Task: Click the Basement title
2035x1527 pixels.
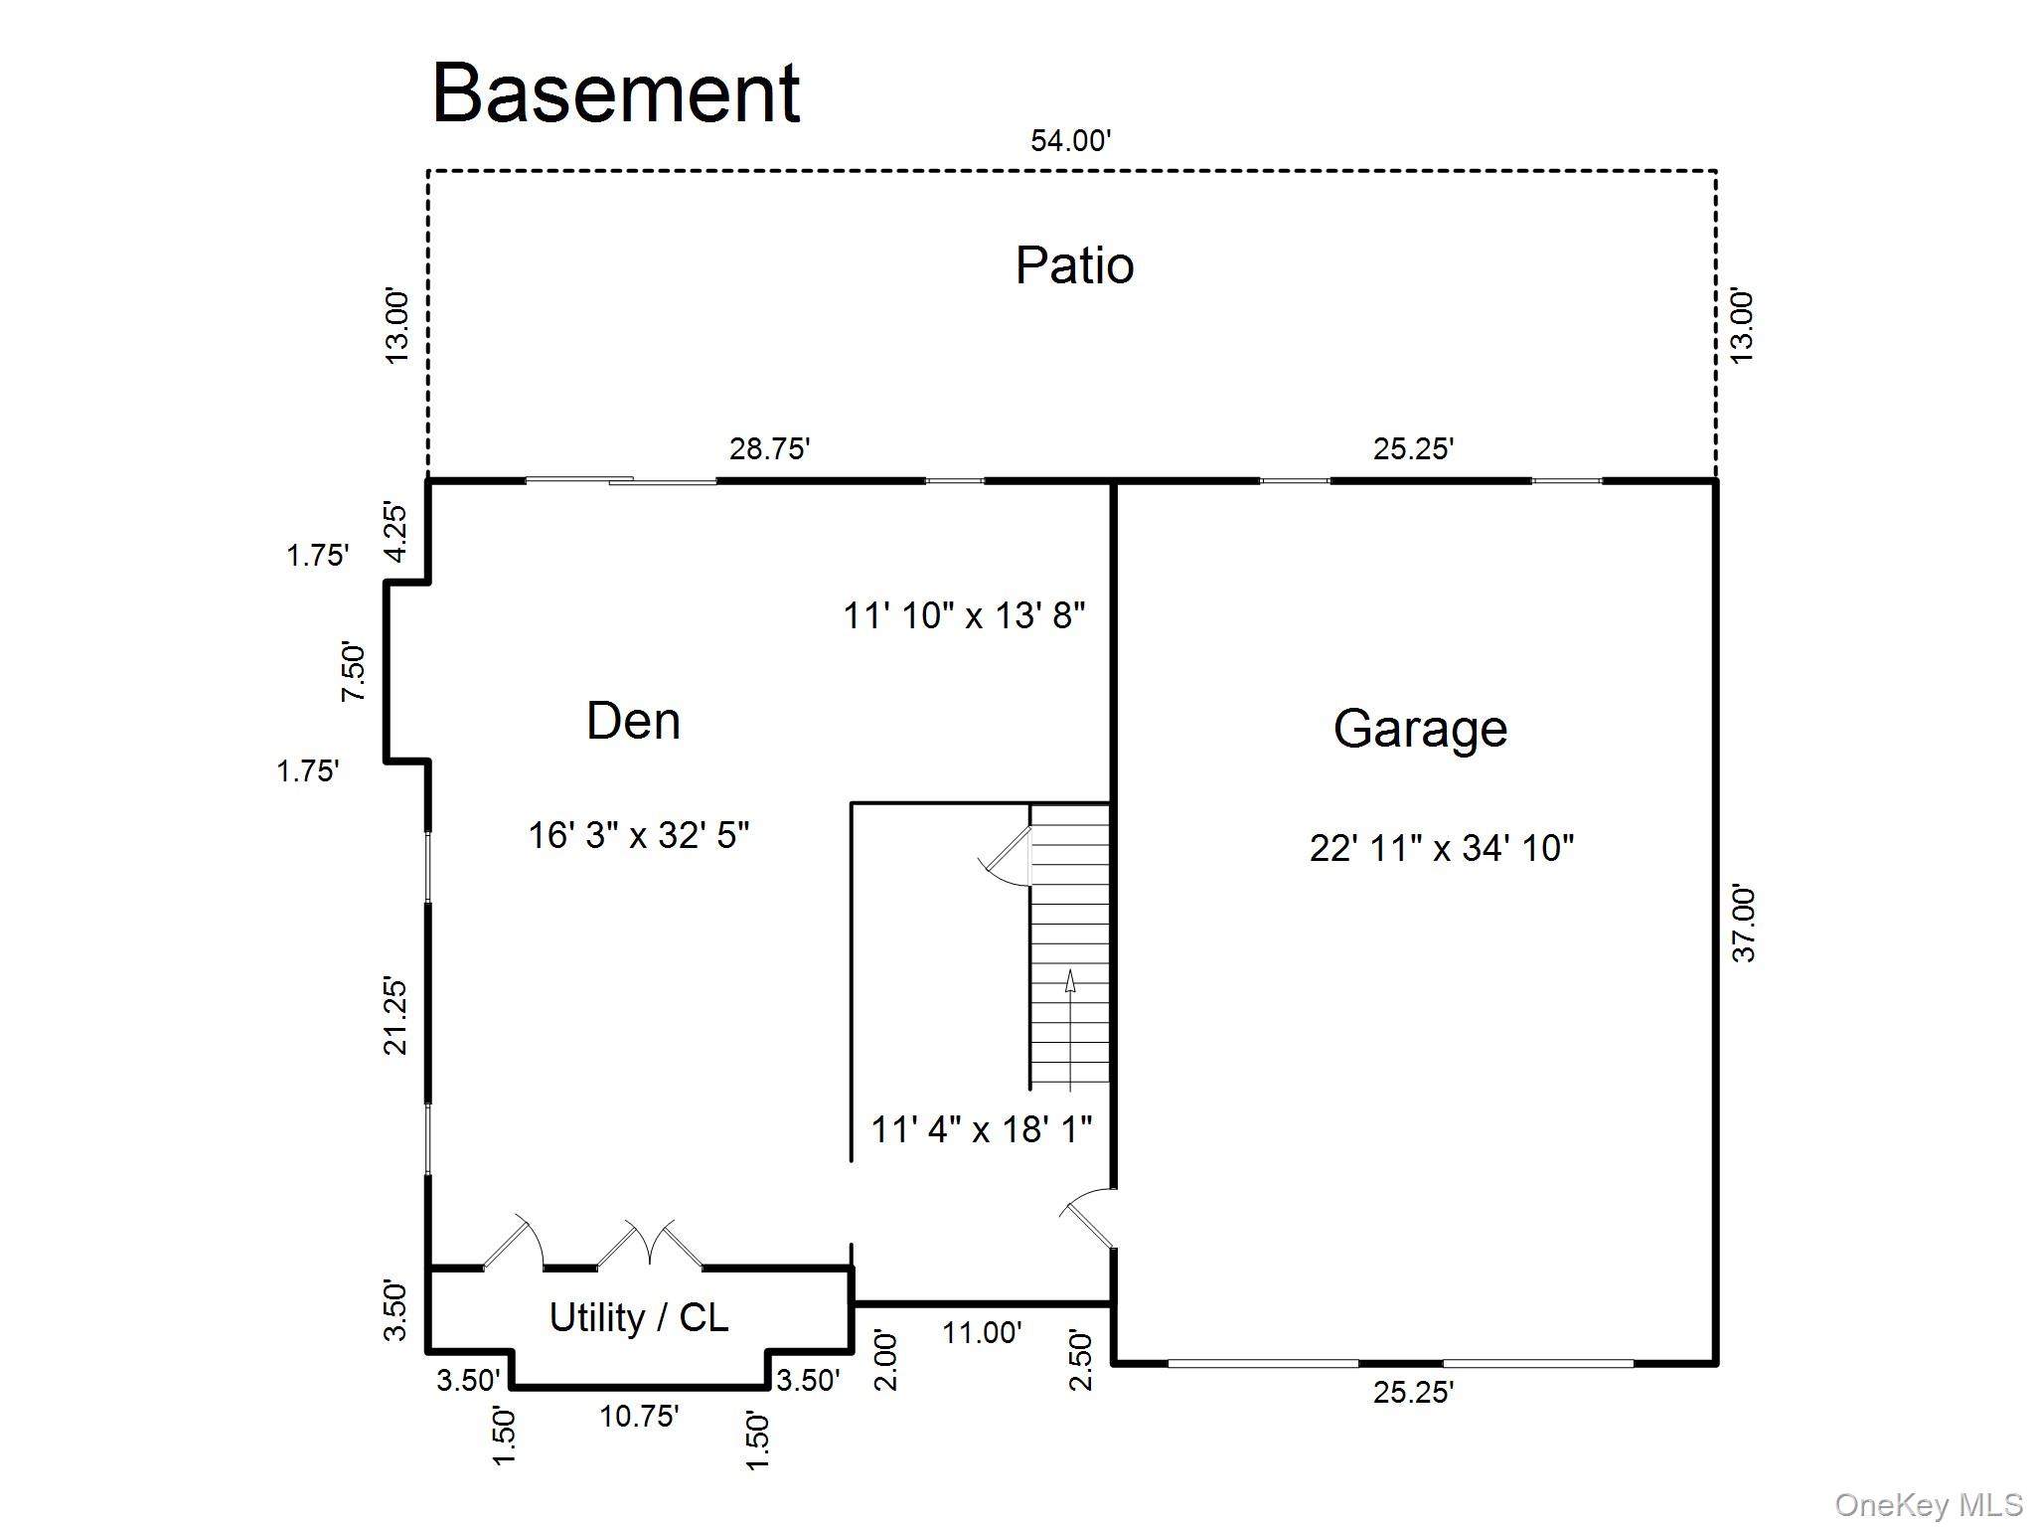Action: click(x=616, y=93)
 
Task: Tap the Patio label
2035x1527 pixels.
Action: click(x=1074, y=265)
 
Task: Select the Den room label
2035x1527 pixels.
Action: click(x=633, y=721)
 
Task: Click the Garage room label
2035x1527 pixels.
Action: click(x=1420, y=729)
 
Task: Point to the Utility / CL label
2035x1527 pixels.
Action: click(x=639, y=1318)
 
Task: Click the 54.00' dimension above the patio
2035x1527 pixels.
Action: click(x=1070, y=141)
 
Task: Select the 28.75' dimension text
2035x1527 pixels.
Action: click(x=770, y=449)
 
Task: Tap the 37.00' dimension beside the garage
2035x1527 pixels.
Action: click(x=1745, y=924)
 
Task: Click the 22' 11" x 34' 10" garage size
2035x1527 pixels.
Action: click(x=1441, y=848)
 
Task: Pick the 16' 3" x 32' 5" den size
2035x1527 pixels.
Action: click(x=638, y=835)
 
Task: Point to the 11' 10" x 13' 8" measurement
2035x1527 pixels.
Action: click(x=964, y=615)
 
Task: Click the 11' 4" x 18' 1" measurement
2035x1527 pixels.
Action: click(x=981, y=1129)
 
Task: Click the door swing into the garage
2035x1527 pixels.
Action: click(x=1088, y=1219)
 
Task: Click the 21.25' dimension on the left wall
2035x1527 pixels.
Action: click(x=396, y=1016)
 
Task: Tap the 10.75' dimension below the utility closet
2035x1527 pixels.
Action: click(x=639, y=1416)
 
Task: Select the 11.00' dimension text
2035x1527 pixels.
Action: click(x=982, y=1333)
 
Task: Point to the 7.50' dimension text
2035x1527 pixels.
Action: click(x=354, y=673)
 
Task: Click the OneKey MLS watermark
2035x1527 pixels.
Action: click(x=1929, y=1505)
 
